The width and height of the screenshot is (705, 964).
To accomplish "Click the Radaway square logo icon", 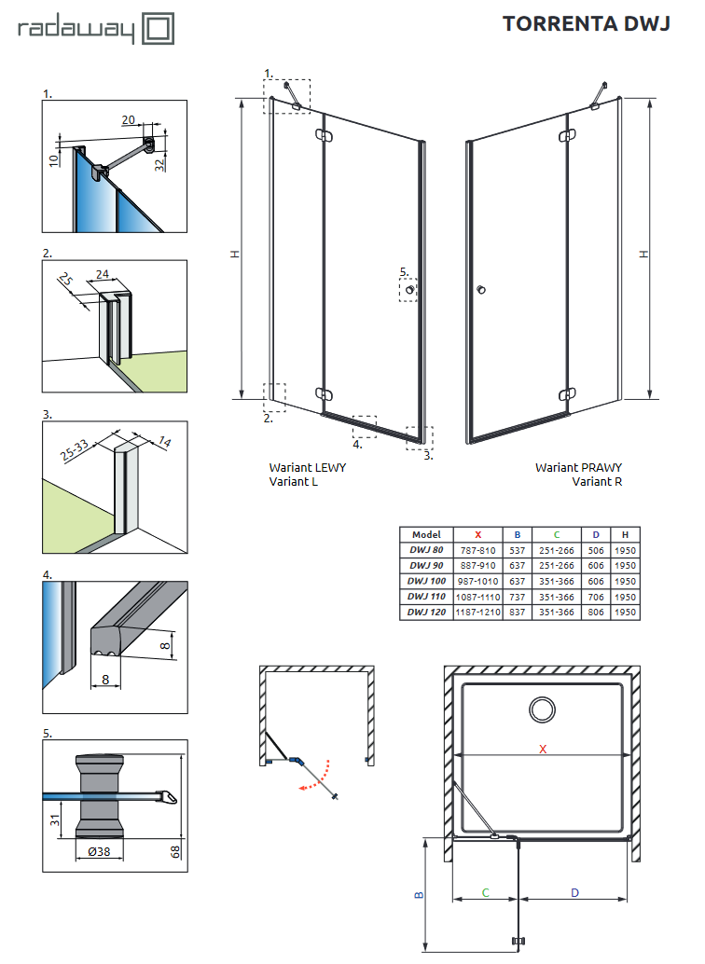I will [158, 28].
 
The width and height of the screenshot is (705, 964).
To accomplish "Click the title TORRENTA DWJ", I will [586, 24].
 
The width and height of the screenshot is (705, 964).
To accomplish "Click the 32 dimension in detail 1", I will [159, 165].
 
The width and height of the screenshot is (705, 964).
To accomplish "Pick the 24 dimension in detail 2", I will [103, 275].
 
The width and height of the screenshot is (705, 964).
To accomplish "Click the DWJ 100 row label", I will [426, 581].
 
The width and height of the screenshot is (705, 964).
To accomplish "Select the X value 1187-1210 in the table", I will [478, 613].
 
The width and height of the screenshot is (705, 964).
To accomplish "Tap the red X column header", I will [478, 534].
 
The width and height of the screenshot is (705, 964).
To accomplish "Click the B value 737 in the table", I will [517, 597].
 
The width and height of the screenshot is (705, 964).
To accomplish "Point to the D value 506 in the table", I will [596, 550].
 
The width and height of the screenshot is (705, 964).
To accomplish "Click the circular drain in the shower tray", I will [542, 709].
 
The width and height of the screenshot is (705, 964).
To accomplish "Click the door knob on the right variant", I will [481, 291].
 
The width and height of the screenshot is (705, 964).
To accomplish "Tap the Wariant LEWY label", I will [308, 467].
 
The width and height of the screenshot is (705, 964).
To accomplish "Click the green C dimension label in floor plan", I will [486, 892].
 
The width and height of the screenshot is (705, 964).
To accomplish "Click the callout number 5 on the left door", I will [404, 272].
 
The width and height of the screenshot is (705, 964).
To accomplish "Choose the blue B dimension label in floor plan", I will [418, 894].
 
